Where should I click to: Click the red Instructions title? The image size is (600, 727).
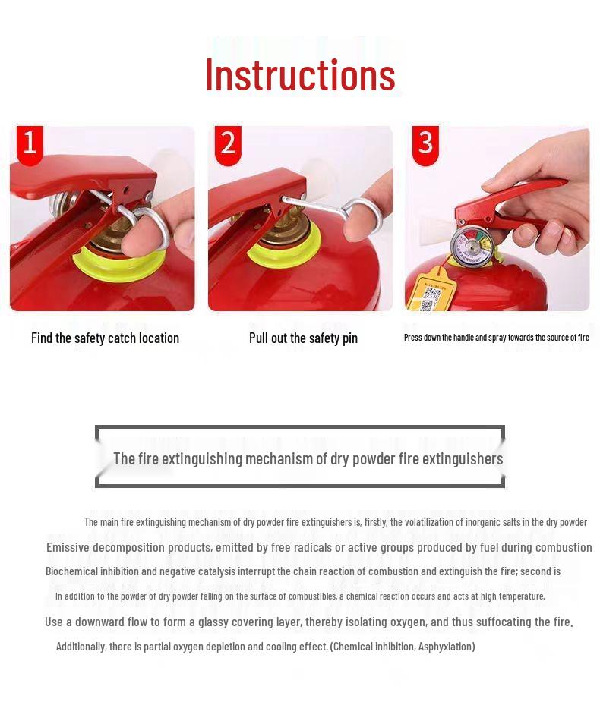(x=300, y=74)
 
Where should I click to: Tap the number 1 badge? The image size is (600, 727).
(x=30, y=143)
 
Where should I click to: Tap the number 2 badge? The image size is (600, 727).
(x=228, y=143)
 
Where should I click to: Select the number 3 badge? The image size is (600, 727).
(x=425, y=143)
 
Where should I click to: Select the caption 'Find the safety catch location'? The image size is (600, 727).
(x=105, y=338)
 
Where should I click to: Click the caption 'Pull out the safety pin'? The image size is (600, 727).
(x=303, y=338)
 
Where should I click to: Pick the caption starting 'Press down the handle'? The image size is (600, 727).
(x=496, y=337)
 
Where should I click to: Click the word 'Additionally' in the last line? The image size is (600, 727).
(x=81, y=646)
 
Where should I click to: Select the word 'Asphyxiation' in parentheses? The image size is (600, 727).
(x=446, y=646)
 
